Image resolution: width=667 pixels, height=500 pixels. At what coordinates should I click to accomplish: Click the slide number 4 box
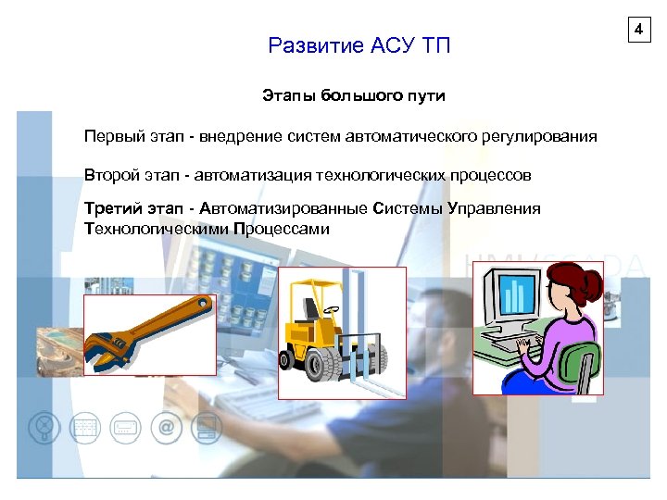(x=638, y=31)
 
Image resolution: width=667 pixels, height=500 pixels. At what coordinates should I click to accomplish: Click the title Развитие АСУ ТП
(x=359, y=45)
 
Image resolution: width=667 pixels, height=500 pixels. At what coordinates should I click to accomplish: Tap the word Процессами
(x=282, y=228)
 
